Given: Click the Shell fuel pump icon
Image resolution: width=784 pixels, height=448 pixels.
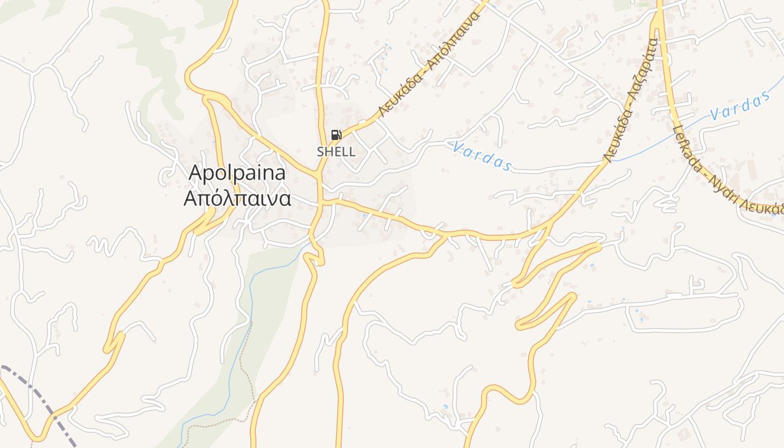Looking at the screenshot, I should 335,135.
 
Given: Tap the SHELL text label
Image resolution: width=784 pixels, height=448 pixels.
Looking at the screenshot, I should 336,152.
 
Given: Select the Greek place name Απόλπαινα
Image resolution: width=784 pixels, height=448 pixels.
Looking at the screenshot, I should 237,198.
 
